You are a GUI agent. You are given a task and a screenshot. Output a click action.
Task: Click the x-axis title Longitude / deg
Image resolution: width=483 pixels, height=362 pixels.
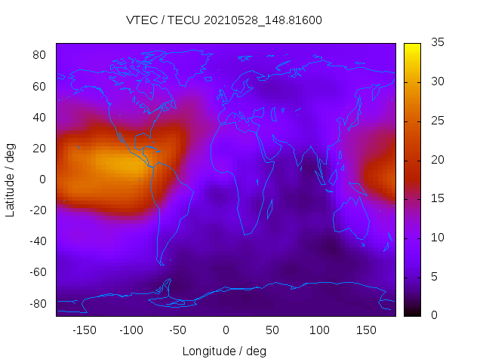point(224,351)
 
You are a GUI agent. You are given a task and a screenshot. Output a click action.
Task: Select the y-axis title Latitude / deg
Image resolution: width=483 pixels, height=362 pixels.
point(11,179)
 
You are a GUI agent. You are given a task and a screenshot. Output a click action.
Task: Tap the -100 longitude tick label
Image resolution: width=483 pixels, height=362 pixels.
point(131,330)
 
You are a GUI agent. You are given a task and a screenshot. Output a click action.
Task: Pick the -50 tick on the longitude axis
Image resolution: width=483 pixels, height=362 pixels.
point(178,330)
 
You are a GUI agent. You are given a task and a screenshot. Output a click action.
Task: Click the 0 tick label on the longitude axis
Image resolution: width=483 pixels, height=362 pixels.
point(226,330)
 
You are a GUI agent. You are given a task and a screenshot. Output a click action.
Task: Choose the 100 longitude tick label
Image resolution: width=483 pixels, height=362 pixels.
point(319,330)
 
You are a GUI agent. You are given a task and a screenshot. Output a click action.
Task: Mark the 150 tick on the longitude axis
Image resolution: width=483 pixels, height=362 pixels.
point(366,330)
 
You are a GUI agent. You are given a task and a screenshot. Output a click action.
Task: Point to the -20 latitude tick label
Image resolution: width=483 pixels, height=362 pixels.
point(38,210)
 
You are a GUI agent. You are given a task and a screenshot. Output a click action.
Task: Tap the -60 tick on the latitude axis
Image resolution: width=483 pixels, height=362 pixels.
point(38,272)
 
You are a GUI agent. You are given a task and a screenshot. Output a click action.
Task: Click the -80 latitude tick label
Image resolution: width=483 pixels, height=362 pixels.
point(38,303)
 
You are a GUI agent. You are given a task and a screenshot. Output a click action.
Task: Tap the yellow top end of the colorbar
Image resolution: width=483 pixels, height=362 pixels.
point(412,47)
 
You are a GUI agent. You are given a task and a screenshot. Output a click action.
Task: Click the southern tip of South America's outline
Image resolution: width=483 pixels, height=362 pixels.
point(162,263)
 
